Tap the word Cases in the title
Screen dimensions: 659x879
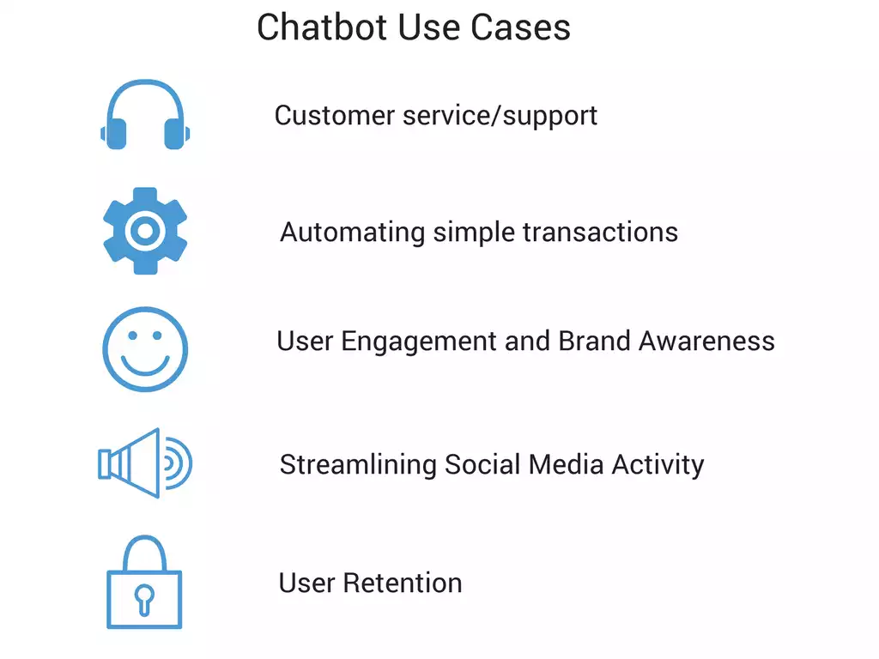(x=525, y=27)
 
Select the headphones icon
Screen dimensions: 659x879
(x=144, y=116)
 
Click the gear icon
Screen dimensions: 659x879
(x=145, y=231)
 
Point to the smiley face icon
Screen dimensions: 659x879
(x=145, y=349)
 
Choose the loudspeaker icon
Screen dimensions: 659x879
(x=144, y=464)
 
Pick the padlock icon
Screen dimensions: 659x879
(x=144, y=583)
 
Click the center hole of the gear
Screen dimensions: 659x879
(x=145, y=231)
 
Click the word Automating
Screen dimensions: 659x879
(x=352, y=232)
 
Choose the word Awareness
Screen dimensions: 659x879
(x=708, y=341)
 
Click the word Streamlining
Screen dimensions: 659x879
(x=358, y=465)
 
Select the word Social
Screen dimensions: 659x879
(x=482, y=464)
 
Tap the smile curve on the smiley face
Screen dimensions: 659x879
(x=145, y=365)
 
